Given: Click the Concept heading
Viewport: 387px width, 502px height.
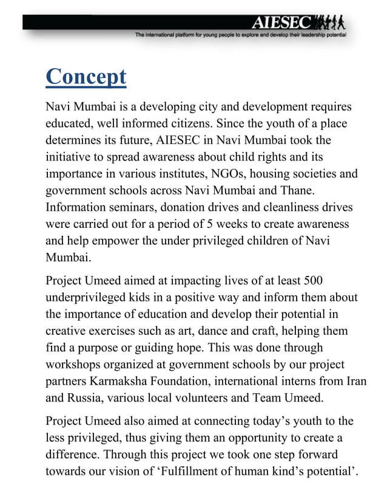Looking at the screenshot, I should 86,77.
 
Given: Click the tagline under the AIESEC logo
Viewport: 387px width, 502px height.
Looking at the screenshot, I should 240,36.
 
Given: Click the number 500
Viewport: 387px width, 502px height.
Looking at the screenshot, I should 309,281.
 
